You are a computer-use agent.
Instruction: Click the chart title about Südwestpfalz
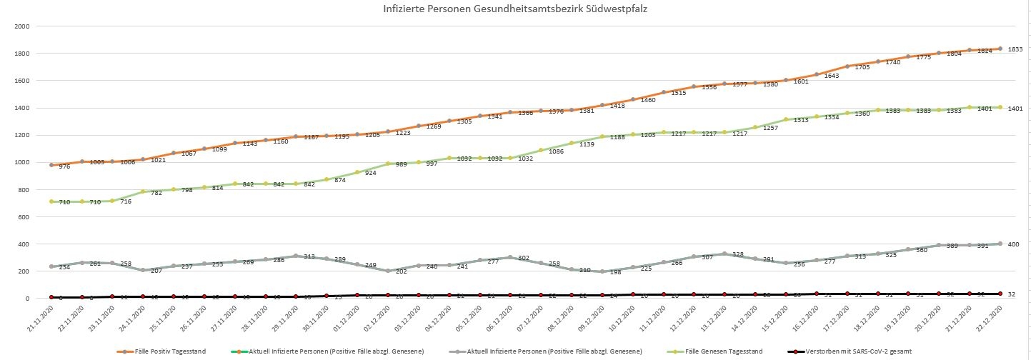tap(514, 10)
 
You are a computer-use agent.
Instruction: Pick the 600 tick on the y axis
tap(23, 216)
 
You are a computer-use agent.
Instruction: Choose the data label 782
tap(156, 193)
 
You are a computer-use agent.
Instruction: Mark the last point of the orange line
tap(1000, 49)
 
